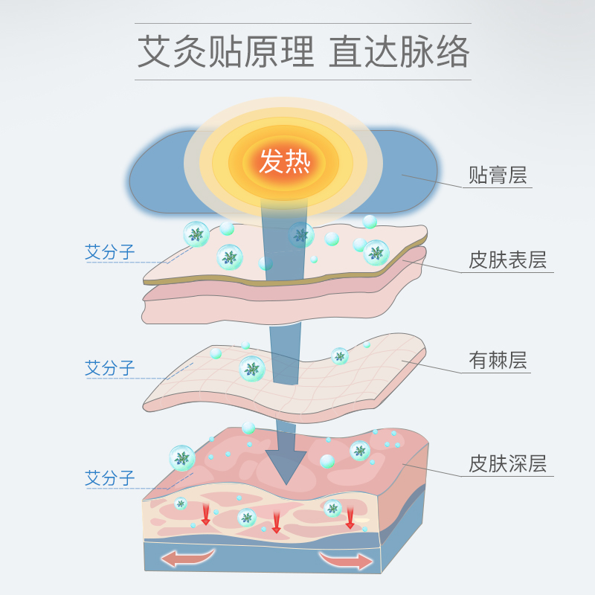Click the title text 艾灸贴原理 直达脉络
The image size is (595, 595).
[303, 51]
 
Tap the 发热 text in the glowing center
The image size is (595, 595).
[283, 161]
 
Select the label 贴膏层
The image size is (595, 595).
[498, 176]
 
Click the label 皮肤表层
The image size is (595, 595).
[507, 260]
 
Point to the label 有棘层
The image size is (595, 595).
[498, 361]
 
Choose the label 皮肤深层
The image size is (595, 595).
[507, 464]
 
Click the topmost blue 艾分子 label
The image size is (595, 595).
[110, 253]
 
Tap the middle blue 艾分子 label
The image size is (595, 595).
[110, 368]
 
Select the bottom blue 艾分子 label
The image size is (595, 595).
[110, 478]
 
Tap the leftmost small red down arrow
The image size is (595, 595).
[205, 515]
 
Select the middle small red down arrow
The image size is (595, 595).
[276, 522]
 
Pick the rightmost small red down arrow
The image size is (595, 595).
[350, 518]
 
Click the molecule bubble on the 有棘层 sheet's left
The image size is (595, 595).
[252, 369]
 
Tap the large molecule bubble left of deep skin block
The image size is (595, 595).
[181, 458]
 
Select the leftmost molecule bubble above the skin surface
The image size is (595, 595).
[196, 234]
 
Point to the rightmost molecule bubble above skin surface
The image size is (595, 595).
[376, 253]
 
